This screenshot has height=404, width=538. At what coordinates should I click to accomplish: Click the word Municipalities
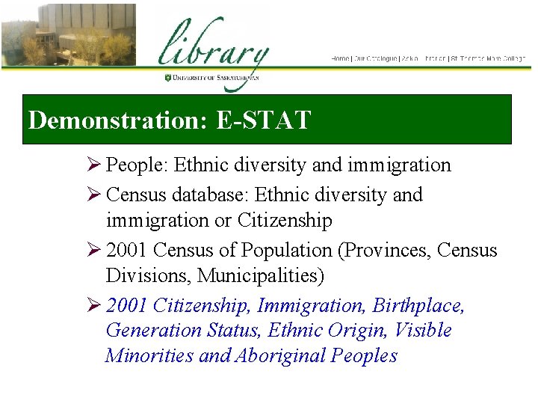[x=261, y=276]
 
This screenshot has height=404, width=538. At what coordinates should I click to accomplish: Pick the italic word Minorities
[x=149, y=356]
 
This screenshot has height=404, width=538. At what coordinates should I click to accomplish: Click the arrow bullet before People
[x=94, y=165]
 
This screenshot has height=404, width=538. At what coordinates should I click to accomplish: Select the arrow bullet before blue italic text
[x=94, y=306]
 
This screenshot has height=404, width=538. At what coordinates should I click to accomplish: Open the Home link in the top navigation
[x=340, y=58]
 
